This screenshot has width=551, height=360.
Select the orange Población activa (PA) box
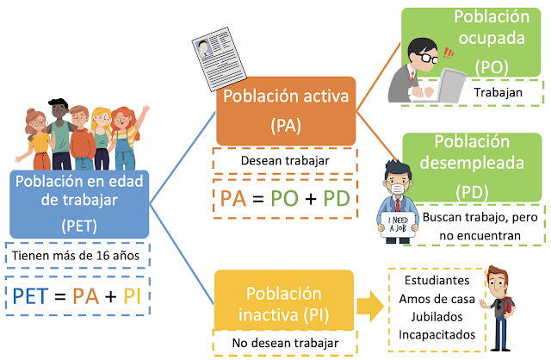tap(285, 110)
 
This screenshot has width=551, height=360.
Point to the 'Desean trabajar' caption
tap(285, 160)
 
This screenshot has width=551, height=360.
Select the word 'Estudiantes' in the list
tap(436, 282)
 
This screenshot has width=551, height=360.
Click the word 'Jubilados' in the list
tap(436, 316)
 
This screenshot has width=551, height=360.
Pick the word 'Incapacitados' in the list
tap(436, 333)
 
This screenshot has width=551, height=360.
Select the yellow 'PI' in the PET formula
tap(132, 297)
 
